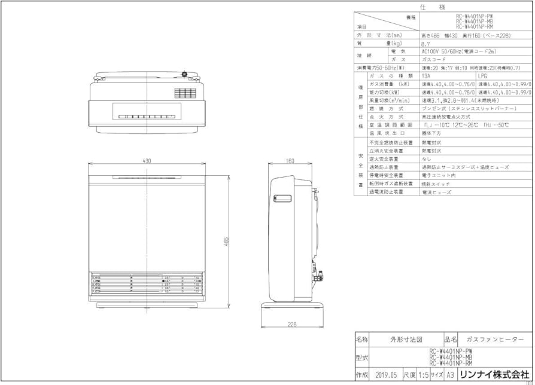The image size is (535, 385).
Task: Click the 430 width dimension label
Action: (147, 161)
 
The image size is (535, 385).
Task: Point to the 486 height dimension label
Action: (226, 240)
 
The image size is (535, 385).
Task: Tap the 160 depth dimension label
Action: (290, 161)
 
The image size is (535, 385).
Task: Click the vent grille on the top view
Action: (185, 93)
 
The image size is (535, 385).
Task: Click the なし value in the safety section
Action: (426, 160)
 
